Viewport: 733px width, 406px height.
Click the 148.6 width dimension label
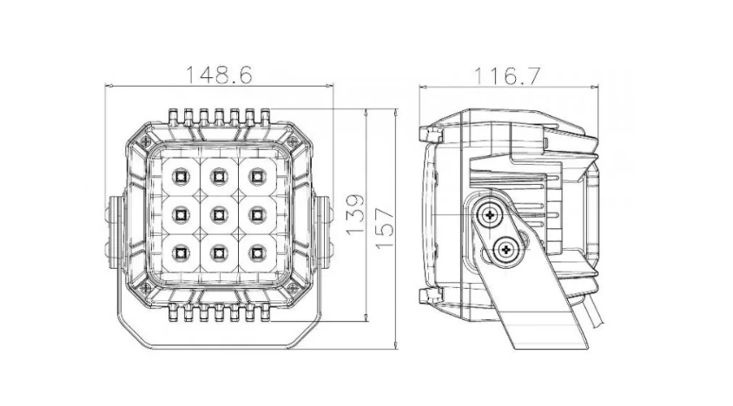219,75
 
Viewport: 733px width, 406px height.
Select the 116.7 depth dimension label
508,75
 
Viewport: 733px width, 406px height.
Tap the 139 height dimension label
355,214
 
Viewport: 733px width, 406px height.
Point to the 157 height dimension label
385,228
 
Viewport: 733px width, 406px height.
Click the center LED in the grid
218,214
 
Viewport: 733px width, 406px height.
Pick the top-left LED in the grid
180,176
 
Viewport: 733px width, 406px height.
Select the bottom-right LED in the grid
256,252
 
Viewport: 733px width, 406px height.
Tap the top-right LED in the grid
256,176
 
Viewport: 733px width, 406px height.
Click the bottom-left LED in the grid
180,252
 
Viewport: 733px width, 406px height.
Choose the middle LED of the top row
218,176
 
